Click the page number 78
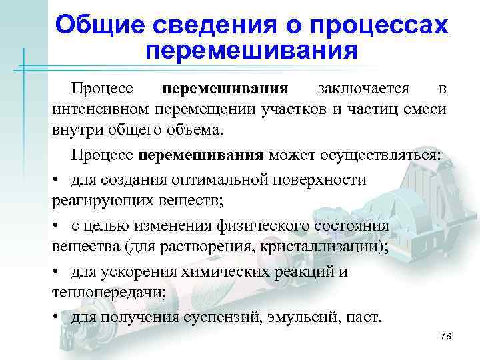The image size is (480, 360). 446,337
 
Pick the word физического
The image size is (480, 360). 259,226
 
